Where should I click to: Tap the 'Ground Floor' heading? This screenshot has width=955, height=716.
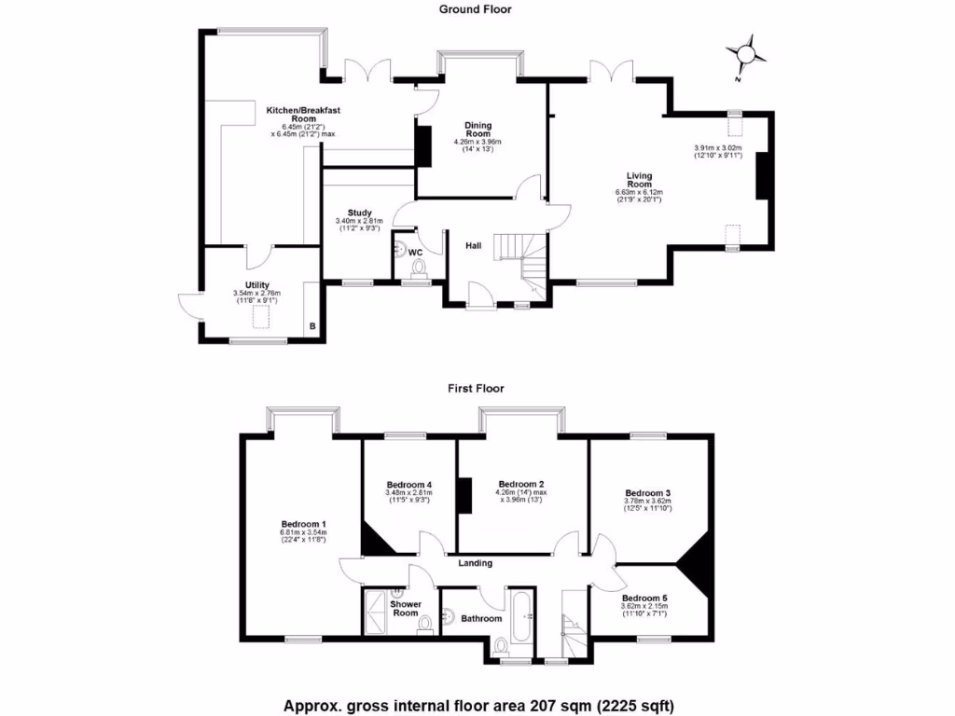tap(476, 9)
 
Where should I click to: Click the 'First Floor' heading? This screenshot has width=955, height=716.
tap(476, 388)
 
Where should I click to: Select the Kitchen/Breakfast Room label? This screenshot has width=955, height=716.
tap(303, 115)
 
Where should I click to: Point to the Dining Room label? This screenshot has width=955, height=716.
tap(478, 130)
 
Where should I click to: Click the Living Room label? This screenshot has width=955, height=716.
tap(639, 180)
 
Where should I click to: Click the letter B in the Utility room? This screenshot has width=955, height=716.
tap(312, 327)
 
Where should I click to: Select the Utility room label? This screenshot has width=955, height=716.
tap(257, 284)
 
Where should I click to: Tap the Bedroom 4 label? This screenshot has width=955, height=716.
tap(408, 485)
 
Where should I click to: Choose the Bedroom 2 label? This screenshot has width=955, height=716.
tap(520, 484)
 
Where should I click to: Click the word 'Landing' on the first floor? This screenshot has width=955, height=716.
tap(475, 563)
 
